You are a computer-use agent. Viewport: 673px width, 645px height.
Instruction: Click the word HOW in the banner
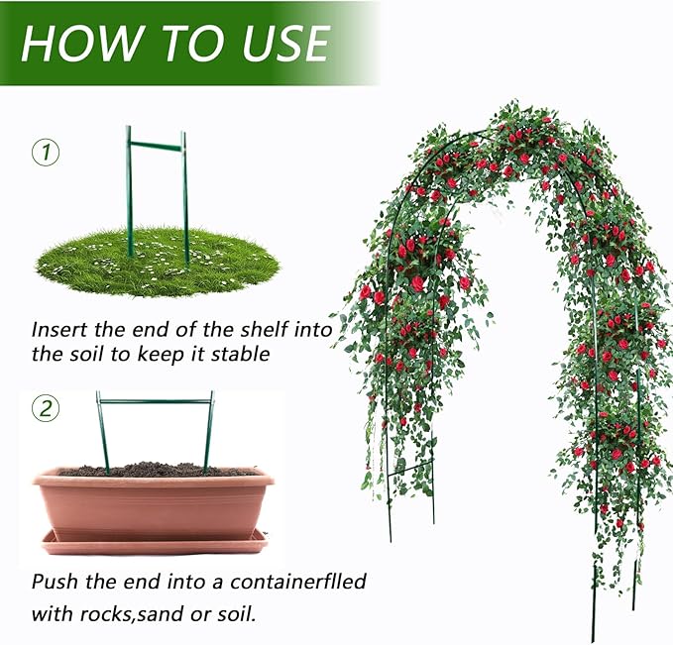[x=80, y=43]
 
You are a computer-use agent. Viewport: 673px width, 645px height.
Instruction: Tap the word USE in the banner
[x=286, y=43]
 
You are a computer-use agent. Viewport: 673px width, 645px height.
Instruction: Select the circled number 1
[x=46, y=153]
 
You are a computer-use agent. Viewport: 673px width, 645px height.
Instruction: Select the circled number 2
[x=46, y=408]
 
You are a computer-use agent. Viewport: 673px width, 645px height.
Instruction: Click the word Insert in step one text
[x=60, y=330]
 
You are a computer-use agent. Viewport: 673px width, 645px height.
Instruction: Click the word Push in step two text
[x=55, y=582]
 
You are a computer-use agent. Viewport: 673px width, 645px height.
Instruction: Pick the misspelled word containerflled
[x=298, y=582]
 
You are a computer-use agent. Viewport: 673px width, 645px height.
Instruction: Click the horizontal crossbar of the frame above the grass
[x=156, y=146]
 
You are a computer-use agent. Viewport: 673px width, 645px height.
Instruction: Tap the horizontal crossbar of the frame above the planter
[x=155, y=401]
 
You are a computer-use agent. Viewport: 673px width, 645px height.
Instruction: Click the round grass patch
[x=158, y=262]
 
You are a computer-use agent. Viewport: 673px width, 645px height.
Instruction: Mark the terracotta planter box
[x=154, y=504]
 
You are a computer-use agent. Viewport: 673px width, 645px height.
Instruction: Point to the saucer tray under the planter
[x=155, y=543]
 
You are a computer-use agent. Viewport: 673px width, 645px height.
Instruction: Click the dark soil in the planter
[x=157, y=470]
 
